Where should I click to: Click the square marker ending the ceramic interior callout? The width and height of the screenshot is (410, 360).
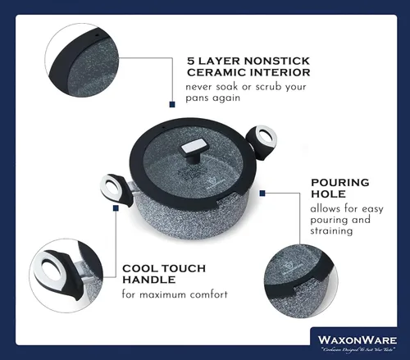click(x=172, y=104)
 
